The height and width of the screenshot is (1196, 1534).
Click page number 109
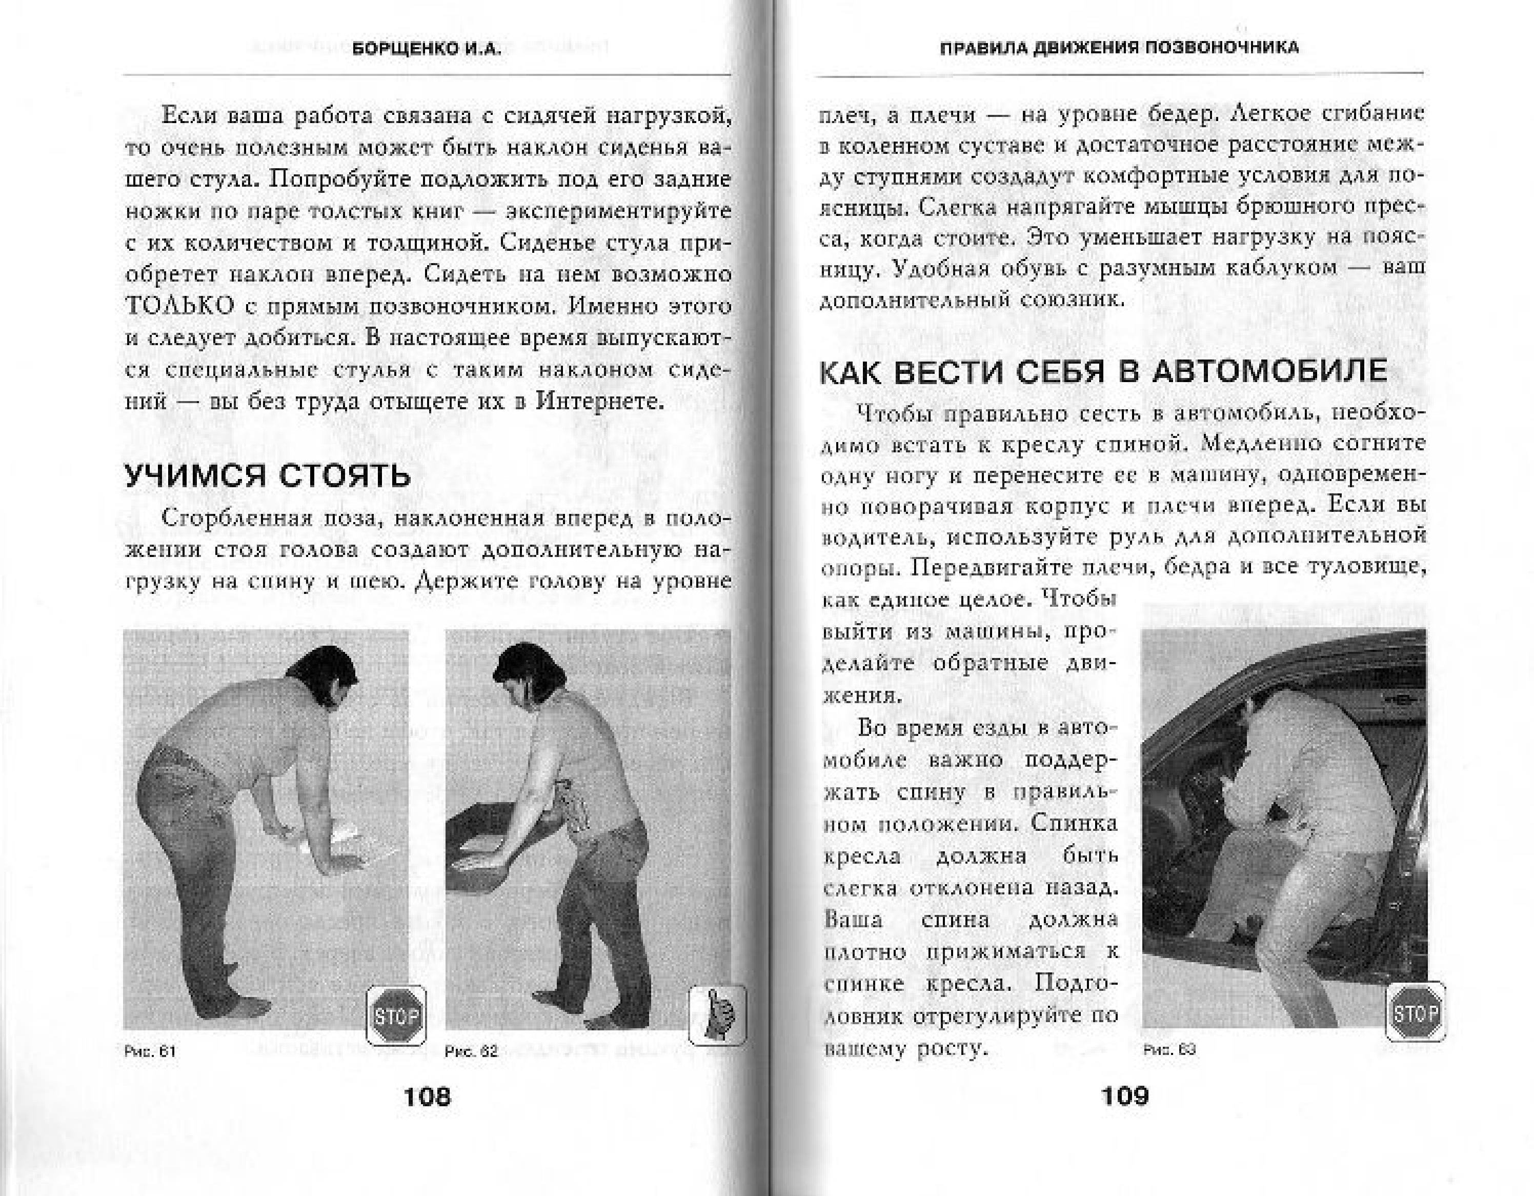pyautogui.click(x=1124, y=1095)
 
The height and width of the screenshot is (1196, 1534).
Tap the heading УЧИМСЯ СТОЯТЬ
pyautogui.click(x=268, y=476)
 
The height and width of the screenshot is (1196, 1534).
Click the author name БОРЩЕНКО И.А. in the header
pyautogui.click(x=427, y=49)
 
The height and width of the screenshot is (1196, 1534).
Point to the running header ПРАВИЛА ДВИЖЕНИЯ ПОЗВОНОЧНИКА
pyautogui.click(x=1120, y=48)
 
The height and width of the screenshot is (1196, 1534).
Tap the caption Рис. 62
pyautogui.click(x=471, y=1051)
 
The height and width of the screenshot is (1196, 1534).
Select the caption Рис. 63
pyautogui.click(x=1169, y=1050)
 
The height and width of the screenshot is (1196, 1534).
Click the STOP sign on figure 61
pyautogui.click(x=396, y=1016)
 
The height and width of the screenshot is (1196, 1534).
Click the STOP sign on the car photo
pyautogui.click(x=1415, y=1012)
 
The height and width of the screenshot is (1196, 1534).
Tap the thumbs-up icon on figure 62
pyautogui.click(x=717, y=1015)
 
